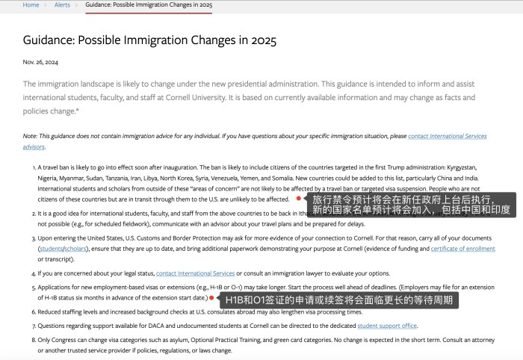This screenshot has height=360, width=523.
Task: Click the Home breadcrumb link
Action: pos(31,5)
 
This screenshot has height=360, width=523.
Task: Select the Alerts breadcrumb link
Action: pos(62,5)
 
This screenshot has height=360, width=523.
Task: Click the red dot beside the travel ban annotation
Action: pos(299,199)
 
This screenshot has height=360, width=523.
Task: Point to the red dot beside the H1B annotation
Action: pos(211,298)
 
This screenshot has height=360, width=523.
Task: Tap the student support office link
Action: pos(387,326)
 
